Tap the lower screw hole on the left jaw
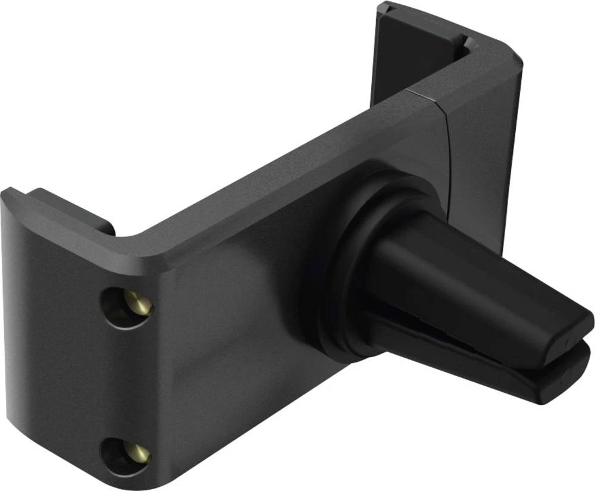pyautogui.click(x=124, y=456)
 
